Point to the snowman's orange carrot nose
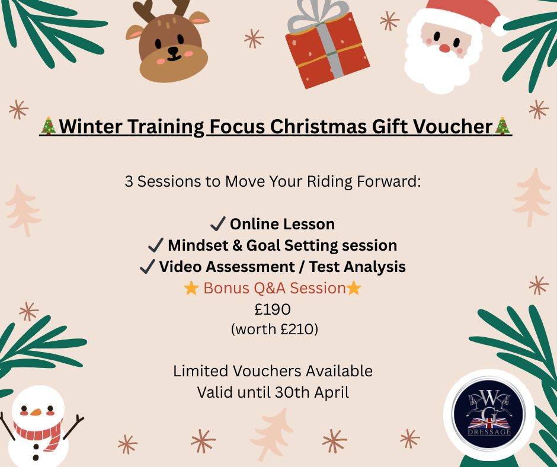point(36,411)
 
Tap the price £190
point(273,309)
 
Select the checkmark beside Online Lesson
point(217,224)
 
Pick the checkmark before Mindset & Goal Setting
point(155,245)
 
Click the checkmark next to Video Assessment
point(147,267)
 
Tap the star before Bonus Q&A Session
point(191,289)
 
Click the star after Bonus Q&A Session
point(354,289)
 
